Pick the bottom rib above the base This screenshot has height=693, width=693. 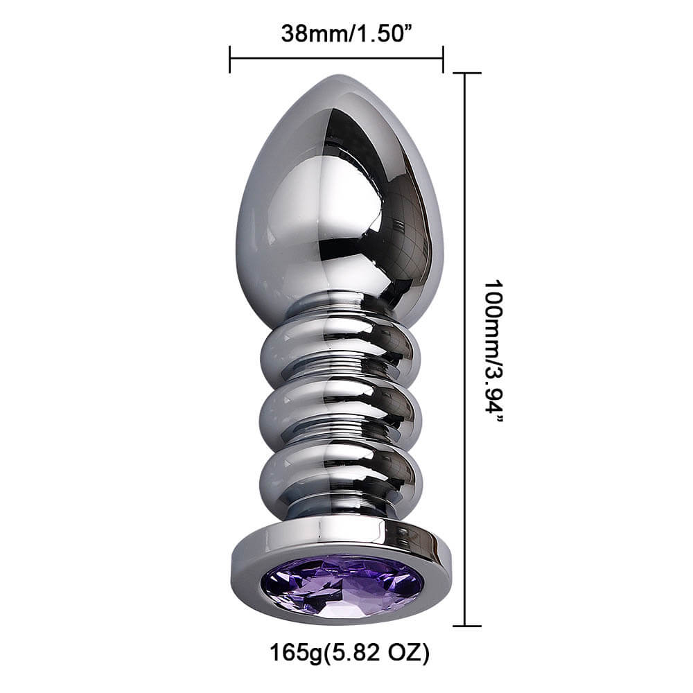tap(340, 471)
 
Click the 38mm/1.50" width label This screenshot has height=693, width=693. tap(337, 33)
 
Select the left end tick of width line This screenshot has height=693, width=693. tap(229, 60)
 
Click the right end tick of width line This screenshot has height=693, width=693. tap(443, 60)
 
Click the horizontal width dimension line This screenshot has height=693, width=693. tap(337, 60)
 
